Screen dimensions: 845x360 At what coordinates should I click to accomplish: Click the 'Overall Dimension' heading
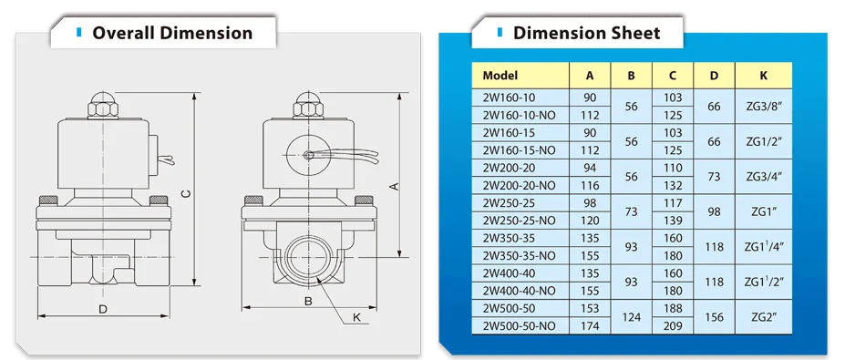coord(172,33)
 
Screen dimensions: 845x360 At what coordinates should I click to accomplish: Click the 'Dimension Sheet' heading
coord(586,33)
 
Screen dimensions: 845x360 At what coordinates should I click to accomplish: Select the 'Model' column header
coord(500,76)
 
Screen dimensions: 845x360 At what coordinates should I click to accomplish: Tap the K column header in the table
coord(763,76)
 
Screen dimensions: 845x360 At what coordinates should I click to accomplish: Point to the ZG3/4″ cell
coord(763,176)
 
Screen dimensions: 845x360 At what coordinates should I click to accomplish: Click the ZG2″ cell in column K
coord(763,317)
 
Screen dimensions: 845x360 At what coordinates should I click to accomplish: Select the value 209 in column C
coord(673,325)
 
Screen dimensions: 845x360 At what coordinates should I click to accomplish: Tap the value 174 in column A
coord(590,325)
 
